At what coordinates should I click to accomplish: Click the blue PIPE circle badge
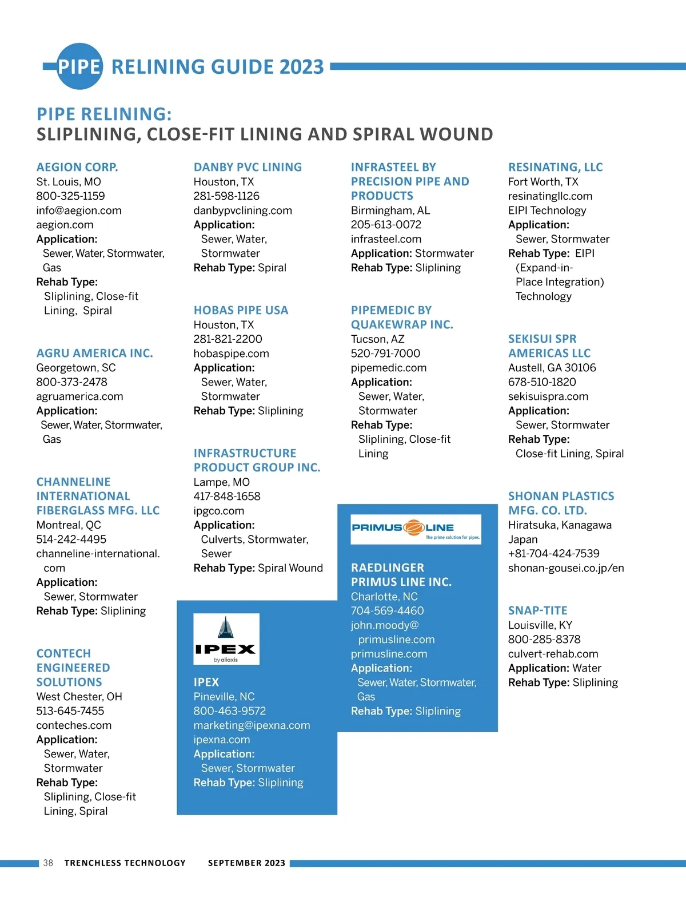79,66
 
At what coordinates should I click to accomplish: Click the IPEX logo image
226,639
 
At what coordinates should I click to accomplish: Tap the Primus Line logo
416,529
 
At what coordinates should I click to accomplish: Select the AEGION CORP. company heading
77,167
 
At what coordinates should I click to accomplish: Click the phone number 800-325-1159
70,196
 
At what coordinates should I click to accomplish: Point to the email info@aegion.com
79,210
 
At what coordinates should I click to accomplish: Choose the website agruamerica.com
79,396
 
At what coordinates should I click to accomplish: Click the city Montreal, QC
69,525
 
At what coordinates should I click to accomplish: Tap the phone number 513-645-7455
70,711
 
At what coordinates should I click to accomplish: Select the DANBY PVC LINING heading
248,167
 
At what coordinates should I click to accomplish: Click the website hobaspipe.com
231,353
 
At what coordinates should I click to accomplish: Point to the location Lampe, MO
221,482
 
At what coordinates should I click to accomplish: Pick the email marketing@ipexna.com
252,725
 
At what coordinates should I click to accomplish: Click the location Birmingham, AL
390,210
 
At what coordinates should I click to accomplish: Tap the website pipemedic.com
389,367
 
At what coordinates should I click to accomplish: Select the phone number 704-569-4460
387,610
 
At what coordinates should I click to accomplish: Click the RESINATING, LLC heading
555,167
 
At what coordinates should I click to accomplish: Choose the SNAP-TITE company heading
537,610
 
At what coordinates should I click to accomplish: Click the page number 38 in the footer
48,863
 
